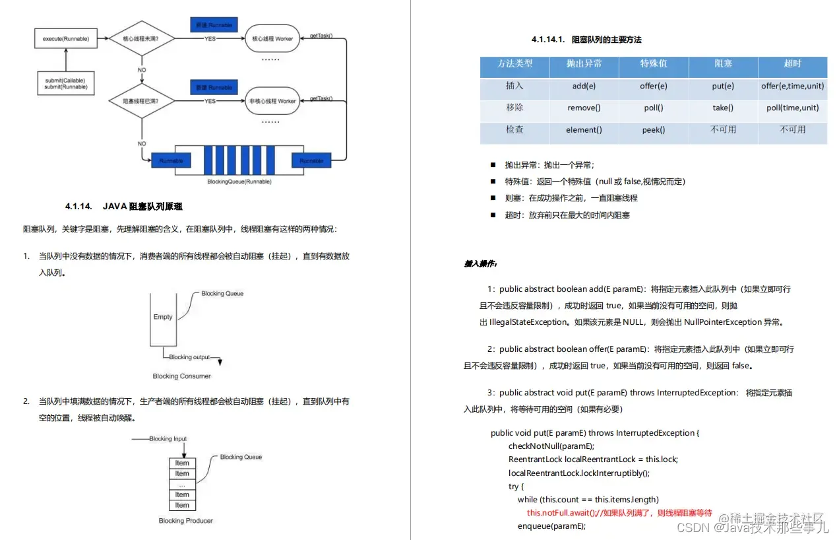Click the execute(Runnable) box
pos(66,39)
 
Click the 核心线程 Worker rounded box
pos(272,39)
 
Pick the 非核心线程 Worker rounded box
pos(272,102)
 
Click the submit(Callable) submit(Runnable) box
pos(65,84)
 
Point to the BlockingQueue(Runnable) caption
pos(239,181)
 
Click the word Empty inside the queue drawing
pos(163,317)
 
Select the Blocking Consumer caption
pos(182,376)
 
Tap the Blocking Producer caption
pos(186,521)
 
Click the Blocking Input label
pos(168,439)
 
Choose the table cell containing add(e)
pos(584,86)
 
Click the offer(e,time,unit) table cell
pos(792,86)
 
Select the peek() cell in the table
pos(653,130)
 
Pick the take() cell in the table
pos(723,108)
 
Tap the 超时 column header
pos(792,64)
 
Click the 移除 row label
pos(514,108)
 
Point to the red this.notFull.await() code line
pos(619,513)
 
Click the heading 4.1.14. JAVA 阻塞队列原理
pos(123,207)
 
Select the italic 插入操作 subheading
pos(480,264)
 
